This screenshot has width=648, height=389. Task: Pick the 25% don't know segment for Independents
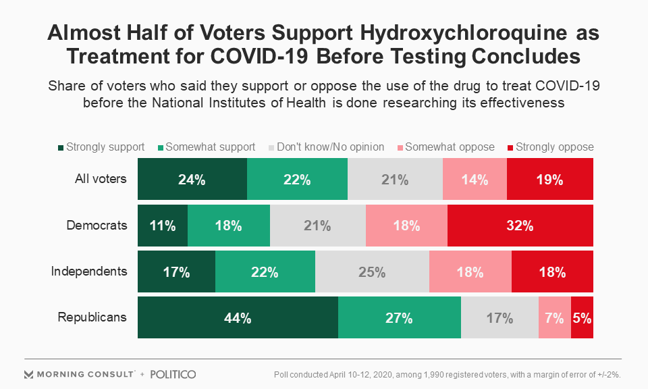tap(372, 272)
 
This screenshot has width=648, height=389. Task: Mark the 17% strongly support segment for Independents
tap(176, 272)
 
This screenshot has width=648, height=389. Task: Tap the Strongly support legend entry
tap(101, 147)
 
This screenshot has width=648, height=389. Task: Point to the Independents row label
tap(89, 271)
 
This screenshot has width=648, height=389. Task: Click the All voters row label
tap(101, 180)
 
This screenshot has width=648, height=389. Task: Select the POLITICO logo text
tap(173, 374)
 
